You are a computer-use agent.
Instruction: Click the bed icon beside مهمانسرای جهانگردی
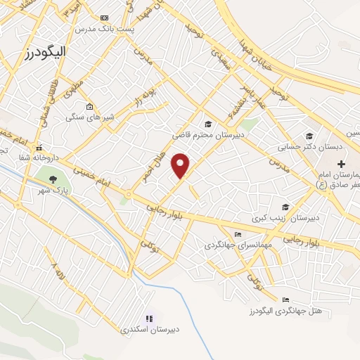coord(237,234)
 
